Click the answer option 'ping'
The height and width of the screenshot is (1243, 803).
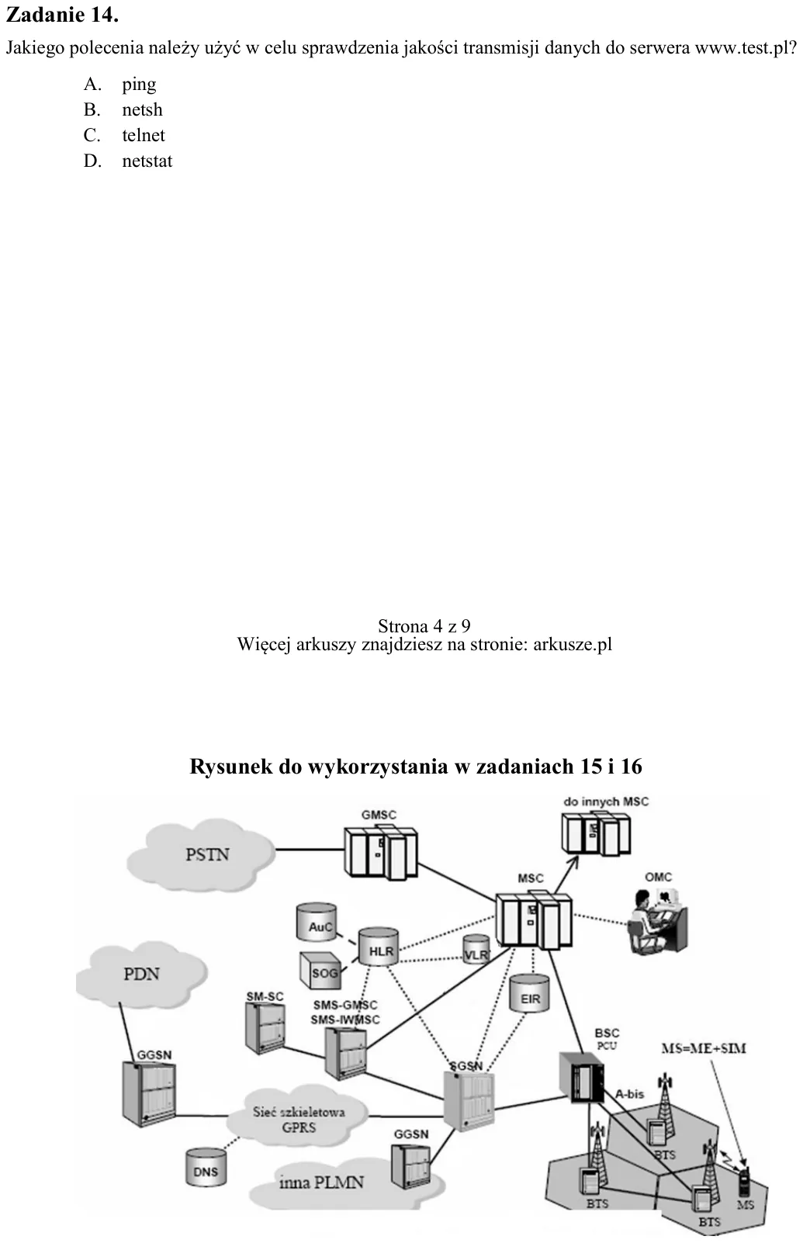139,85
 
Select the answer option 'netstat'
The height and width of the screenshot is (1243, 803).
147,161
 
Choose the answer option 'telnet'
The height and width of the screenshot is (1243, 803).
144,135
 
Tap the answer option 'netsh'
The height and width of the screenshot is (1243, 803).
142,109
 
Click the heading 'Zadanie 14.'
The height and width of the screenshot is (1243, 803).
62,15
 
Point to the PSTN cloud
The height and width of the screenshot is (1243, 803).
201,855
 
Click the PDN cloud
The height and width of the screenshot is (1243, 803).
141,975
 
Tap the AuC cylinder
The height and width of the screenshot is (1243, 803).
317,923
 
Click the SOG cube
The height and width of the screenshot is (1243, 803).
320,971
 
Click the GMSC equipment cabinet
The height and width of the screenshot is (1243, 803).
380,852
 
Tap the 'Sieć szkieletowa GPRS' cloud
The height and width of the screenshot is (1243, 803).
297,1119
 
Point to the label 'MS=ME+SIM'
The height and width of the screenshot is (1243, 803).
703,1048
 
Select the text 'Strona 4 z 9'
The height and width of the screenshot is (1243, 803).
424,626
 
